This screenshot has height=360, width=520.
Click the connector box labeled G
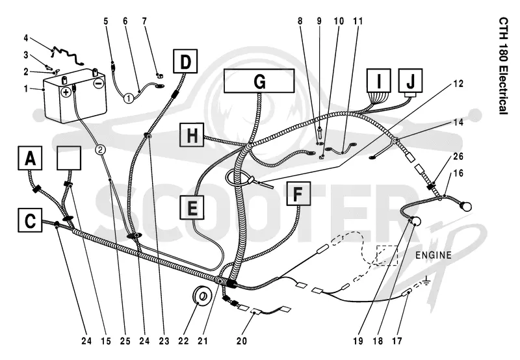(x=259, y=81)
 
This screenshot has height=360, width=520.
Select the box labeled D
(x=185, y=61)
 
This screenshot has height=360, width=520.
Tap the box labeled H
(x=192, y=135)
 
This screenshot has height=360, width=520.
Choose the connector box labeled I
(x=379, y=81)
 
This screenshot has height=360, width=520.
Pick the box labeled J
(x=411, y=81)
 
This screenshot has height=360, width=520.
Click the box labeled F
(x=298, y=194)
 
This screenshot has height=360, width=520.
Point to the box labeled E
(x=192, y=207)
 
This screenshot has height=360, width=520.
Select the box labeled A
(x=30, y=158)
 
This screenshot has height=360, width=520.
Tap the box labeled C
(x=30, y=220)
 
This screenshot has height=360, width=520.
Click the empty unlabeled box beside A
(x=69, y=158)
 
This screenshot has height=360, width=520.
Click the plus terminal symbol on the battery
(x=66, y=92)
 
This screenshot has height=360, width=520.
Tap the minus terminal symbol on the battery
(x=98, y=84)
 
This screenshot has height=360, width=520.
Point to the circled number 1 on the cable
(x=129, y=98)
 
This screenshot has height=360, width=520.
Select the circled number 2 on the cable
(x=100, y=150)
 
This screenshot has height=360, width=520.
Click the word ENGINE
(x=434, y=255)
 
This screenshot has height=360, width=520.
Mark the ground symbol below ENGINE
(x=427, y=281)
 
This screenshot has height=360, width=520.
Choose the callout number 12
(x=458, y=84)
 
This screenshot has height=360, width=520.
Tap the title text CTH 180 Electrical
(x=503, y=66)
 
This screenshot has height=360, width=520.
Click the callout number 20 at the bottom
(x=242, y=341)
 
